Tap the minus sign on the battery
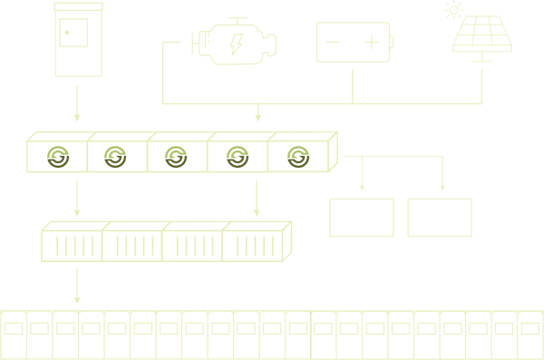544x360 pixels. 334,43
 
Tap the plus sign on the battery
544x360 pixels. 372,43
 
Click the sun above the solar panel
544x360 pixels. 452,11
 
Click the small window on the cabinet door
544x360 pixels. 73,34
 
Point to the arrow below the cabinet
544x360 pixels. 77,104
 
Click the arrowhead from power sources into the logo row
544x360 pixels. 258,115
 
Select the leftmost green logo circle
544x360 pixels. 58,156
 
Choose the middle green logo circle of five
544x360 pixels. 176,156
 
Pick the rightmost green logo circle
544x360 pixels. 296,156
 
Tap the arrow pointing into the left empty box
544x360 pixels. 362,180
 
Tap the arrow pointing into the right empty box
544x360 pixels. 442,180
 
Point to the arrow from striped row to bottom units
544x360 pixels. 77,287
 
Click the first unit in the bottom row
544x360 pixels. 13,336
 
